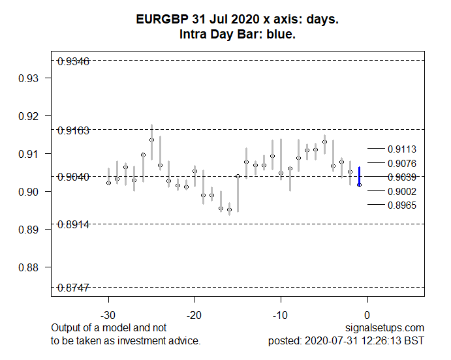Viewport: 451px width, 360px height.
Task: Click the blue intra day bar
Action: pos(359,176)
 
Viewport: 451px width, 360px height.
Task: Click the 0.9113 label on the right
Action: pos(401,149)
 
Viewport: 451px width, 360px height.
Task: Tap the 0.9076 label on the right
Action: pos(401,163)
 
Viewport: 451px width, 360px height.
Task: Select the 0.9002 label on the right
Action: pos(401,191)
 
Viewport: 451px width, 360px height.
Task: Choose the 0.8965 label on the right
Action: pos(401,205)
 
